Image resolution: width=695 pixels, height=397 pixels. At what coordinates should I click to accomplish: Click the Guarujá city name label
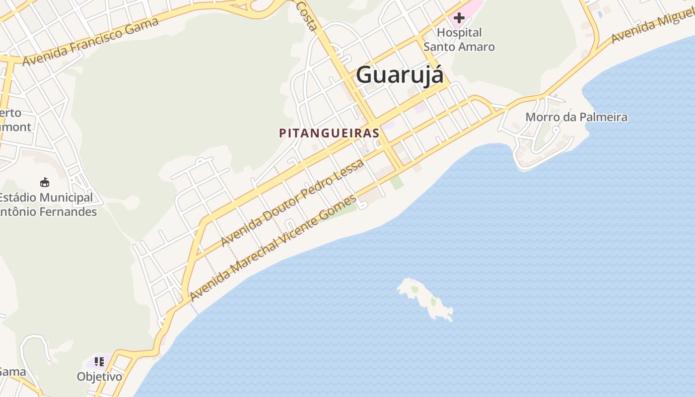[x=400, y=75]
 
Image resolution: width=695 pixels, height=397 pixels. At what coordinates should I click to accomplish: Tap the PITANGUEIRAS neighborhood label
[x=329, y=133]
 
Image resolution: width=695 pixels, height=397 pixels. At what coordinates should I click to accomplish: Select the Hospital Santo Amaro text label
[x=459, y=40]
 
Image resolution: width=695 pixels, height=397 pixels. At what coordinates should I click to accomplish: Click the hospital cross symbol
[x=459, y=18]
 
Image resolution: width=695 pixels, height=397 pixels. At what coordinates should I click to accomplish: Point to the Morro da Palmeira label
[x=576, y=117]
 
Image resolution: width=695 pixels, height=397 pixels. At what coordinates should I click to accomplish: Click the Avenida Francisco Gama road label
[x=91, y=41]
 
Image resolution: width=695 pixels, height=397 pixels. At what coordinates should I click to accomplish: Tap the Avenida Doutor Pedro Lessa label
[x=292, y=202]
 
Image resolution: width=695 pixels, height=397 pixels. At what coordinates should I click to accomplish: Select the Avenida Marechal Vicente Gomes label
[x=273, y=248]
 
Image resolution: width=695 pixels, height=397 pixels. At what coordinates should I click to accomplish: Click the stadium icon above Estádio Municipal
[x=45, y=182]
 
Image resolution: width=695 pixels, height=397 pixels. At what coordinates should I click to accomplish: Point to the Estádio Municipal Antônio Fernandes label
[x=47, y=204]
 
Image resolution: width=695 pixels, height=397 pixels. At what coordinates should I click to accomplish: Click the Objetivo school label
[x=99, y=377]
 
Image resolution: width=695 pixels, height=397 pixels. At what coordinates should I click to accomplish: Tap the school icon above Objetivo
[x=99, y=362]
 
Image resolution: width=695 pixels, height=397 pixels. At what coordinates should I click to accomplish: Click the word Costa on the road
[x=306, y=15]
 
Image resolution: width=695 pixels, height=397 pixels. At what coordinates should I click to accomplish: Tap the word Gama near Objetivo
[x=12, y=372]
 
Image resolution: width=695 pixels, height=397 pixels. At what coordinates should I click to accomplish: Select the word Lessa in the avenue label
[x=349, y=171]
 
